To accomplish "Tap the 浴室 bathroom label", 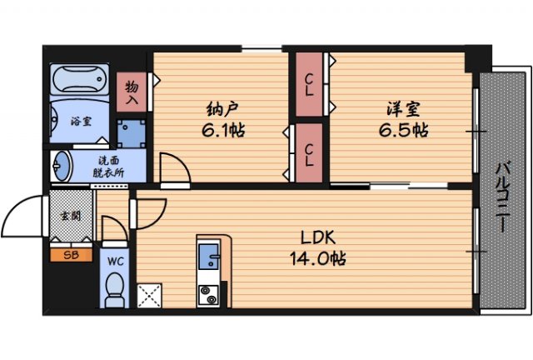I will point(80,121).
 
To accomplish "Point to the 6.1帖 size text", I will point(221,131).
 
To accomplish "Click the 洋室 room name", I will point(401,109).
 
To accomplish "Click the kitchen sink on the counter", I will point(208,257).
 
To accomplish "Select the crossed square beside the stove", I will point(152,294).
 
